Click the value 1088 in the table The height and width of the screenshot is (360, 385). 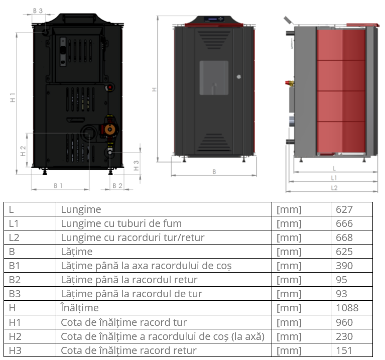click(347, 308)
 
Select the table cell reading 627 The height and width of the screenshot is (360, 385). click(351, 209)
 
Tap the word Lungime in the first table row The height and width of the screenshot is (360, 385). click(81, 209)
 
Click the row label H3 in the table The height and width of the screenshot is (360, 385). click(15, 350)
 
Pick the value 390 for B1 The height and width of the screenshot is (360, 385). click(344, 266)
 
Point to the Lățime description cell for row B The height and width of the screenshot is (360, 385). click(164, 252)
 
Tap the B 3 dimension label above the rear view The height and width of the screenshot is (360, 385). click(38, 11)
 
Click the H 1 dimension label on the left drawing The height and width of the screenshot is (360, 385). click(13, 97)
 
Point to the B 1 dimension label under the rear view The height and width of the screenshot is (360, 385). click(58, 186)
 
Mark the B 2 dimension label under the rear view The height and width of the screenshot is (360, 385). click(117, 186)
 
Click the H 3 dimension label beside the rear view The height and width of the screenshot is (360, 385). click(136, 166)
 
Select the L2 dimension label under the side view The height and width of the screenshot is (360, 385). click(334, 188)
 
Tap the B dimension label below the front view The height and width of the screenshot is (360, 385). click(214, 172)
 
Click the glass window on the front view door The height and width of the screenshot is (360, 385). click(214, 78)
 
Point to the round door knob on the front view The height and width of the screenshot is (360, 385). click(238, 77)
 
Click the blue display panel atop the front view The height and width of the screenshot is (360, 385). click(211, 19)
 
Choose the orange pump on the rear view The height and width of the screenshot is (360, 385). click(110, 130)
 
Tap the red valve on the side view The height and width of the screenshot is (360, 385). click(290, 83)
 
